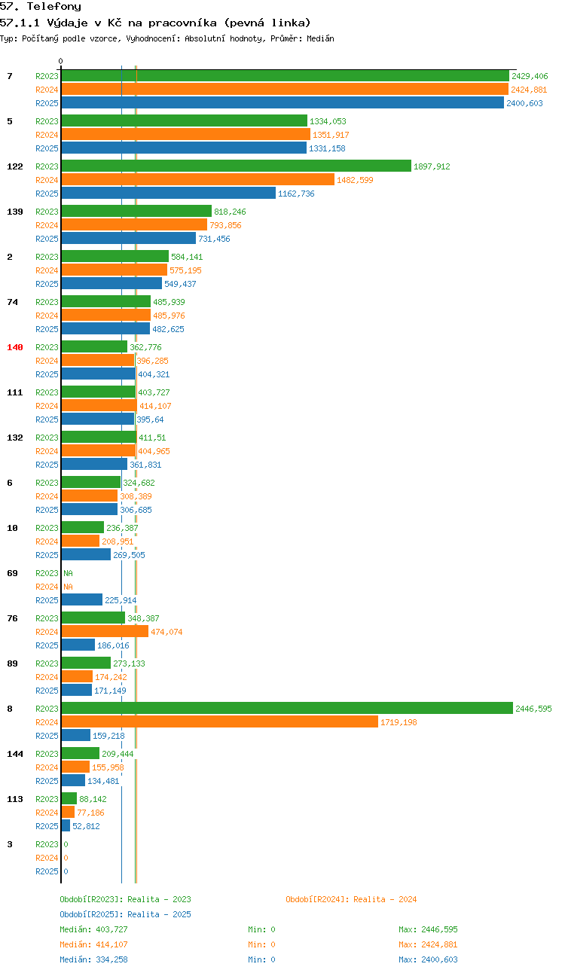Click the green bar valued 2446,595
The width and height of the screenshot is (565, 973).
(x=287, y=708)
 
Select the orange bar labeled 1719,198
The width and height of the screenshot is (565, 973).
(x=219, y=721)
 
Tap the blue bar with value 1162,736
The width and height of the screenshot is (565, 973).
(x=168, y=193)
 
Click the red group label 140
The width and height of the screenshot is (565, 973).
(x=15, y=347)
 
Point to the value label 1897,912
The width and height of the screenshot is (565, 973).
(x=432, y=166)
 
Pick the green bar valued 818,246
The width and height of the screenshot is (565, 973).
(x=136, y=211)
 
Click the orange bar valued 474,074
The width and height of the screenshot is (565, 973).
(x=105, y=631)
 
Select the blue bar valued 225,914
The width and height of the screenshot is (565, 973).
(x=81, y=599)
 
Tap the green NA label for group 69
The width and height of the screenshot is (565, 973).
(x=69, y=573)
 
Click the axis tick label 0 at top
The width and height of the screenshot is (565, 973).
(x=60, y=61)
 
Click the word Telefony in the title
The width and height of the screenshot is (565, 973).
(x=54, y=7)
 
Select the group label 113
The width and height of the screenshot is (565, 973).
(x=15, y=799)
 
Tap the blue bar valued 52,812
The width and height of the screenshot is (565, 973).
(x=66, y=825)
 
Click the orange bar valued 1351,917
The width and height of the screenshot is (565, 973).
(x=185, y=134)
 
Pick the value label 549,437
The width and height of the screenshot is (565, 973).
(x=180, y=284)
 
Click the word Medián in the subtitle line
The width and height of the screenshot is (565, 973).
(x=320, y=38)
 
